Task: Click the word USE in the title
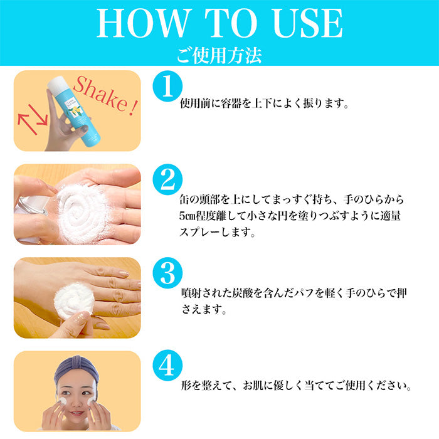point(307,23)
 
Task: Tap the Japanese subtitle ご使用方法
point(219,55)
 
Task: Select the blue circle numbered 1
point(167,86)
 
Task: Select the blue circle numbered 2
point(167,179)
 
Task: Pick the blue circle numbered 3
point(167,273)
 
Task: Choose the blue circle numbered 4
point(167,366)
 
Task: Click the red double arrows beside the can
point(33,119)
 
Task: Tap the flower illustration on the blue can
point(75,111)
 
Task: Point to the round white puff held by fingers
point(74,301)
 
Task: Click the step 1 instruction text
point(264,103)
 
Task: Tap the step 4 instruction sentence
point(296,386)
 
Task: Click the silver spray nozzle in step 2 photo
point(31,206)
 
